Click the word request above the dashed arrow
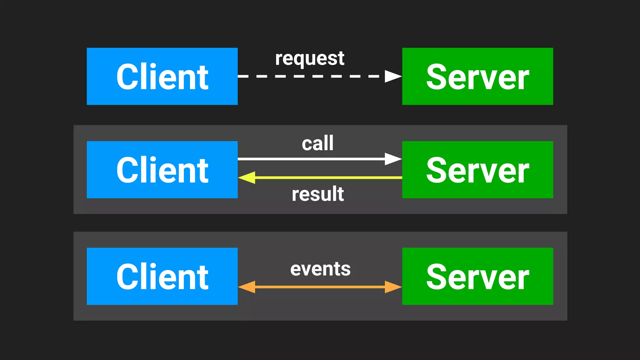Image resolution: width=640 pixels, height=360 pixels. point(309,59)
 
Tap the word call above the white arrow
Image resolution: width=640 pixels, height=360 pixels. point(317,143)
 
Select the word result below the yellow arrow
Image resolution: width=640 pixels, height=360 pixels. point(317,194)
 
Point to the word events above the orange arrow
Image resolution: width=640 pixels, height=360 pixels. point(320,269)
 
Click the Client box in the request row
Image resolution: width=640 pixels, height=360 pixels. point(162,76)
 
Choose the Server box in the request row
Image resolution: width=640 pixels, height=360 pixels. point(477,76)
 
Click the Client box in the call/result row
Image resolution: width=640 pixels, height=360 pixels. point(162,170)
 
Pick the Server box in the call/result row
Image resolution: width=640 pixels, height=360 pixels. point(477,170)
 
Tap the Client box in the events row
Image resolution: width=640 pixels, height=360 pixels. point(162,276)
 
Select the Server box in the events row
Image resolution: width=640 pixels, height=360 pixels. point(477,276)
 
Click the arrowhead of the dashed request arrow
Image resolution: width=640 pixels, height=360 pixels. point(392,76)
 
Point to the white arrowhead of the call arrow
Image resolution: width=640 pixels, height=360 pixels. point(392,159)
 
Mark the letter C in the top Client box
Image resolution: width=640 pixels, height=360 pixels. point(127,77)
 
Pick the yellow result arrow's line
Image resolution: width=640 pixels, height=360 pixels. point(328,177)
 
